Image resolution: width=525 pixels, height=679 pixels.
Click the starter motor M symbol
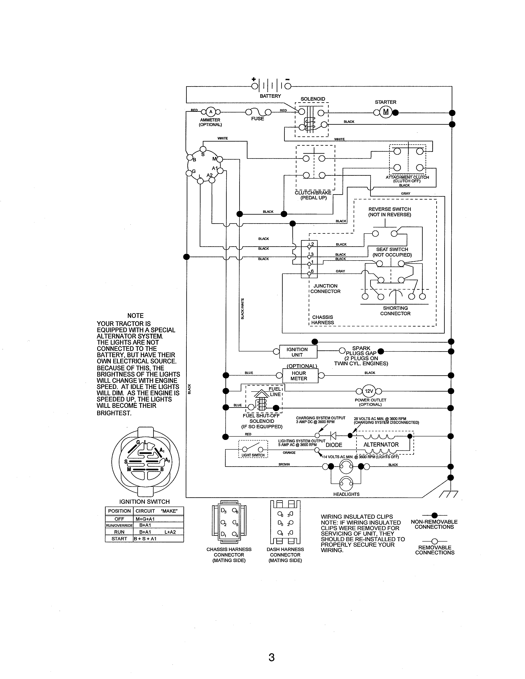386,112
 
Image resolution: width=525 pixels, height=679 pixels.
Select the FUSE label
258,119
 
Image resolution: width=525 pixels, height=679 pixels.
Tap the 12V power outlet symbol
369,391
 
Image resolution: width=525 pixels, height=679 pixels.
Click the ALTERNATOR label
381,445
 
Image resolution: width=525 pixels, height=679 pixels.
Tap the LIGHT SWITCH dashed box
253,449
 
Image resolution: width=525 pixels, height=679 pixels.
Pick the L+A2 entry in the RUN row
170,532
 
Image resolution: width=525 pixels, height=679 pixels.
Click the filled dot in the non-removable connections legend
434,515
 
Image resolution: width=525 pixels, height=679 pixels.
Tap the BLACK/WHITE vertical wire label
243,308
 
